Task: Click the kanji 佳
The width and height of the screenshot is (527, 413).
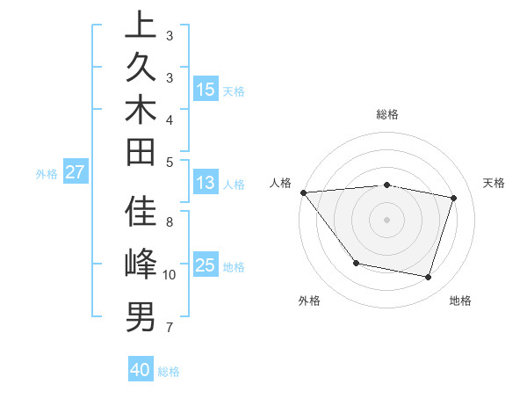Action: point(141,212)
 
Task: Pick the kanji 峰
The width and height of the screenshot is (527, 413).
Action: point(141,264)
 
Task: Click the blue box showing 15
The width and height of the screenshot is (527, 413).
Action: point(206,90)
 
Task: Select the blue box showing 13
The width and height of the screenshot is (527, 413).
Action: point(206,183)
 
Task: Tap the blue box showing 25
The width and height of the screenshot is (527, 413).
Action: point(206,265)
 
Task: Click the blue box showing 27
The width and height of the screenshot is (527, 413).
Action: point(75,172)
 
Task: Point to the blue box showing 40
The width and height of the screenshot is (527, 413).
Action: point(141,370)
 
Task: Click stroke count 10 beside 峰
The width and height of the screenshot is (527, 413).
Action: point(170,275)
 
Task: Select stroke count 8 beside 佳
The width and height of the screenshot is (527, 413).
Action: point(170,221)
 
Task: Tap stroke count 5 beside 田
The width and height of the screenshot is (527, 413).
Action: point(170,162)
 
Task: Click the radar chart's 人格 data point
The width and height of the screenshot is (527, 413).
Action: point(303,192)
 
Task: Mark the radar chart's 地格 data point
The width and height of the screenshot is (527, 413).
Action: point(428,278)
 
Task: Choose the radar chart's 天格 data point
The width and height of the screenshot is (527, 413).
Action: point(453,199)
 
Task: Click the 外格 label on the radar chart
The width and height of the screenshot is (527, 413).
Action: point(309,301)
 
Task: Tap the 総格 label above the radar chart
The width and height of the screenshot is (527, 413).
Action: point(387,114)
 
